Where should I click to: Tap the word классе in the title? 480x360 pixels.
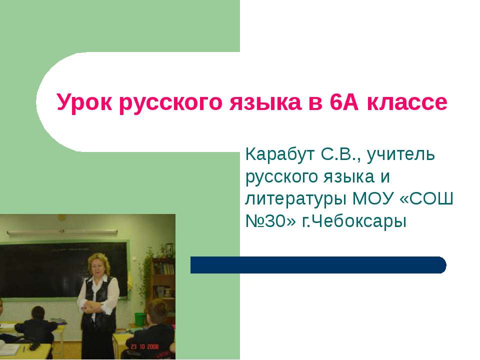coord(407,102)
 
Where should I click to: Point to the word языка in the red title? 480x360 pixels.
coord(263,102)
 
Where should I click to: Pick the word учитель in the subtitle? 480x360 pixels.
coord(402,155)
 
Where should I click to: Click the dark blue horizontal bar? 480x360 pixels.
coord(318,265)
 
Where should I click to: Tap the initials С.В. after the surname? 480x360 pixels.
coord(335,155)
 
